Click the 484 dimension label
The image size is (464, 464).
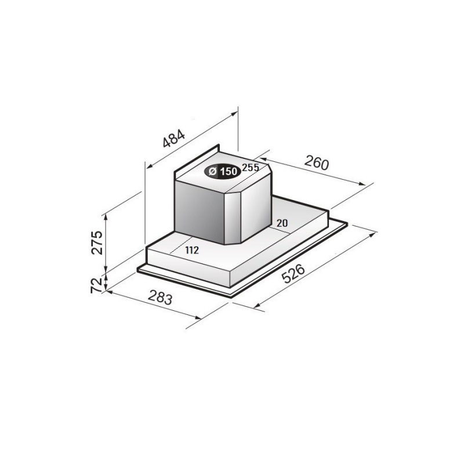pyautogui.click(x=174, y=138)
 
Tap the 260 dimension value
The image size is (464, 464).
pyautogui.click(x=316, y=162)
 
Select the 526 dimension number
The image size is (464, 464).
pyautogui.click(x=293, y=274)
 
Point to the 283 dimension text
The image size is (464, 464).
pyautogui.click(x=160, y=297)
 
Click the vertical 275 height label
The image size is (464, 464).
pyautogui.click(x=96, y=242)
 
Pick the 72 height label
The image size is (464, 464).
pyautogui.click(x=96, y=285)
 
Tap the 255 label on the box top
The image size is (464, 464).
pyautogui.click(x=251, y=168)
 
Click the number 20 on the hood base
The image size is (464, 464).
pyautogui.click(x=282, y=223)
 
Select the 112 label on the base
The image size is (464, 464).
pyautogui.click(x=192, y=251)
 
